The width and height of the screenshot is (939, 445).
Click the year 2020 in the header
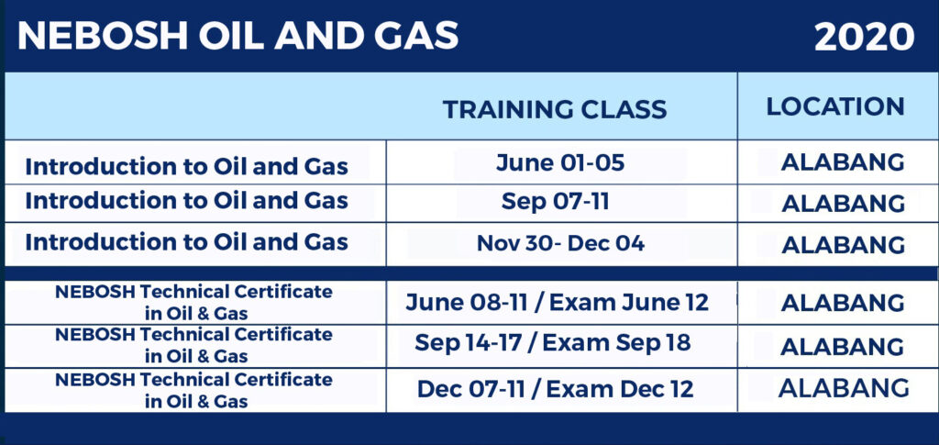tap(864, 38)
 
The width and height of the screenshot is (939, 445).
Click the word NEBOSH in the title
tap(103, 36)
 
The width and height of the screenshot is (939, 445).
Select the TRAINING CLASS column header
tap(555, 109)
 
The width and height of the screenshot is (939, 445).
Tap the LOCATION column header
tap(835, 106)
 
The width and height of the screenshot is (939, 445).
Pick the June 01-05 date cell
tap(560, 163)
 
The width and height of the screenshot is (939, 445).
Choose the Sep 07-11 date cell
tap(555, 202)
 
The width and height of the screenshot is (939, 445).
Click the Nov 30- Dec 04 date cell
tap(560, 243)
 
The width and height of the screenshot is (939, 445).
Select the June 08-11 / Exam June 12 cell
tap(557, 303)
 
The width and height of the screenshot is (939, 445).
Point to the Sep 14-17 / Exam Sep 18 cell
tap(553, 342)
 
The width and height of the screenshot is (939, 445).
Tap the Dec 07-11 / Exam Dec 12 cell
tap(555, 389)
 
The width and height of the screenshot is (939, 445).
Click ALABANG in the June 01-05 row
tap(843, 162)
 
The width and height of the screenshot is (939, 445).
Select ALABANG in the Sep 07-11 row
tap(844, 204)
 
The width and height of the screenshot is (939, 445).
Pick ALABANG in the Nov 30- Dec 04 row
tap(844, 245)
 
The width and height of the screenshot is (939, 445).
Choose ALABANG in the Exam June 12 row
tap(843, 303)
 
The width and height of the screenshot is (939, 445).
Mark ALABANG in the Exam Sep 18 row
tap(843, 347)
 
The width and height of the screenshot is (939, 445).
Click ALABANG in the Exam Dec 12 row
tap(844, 388)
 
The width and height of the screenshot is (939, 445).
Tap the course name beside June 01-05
tap(186, 166)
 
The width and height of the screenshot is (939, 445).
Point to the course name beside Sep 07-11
tap(186, 201)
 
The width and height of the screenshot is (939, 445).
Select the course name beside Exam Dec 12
tap(193, 390)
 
